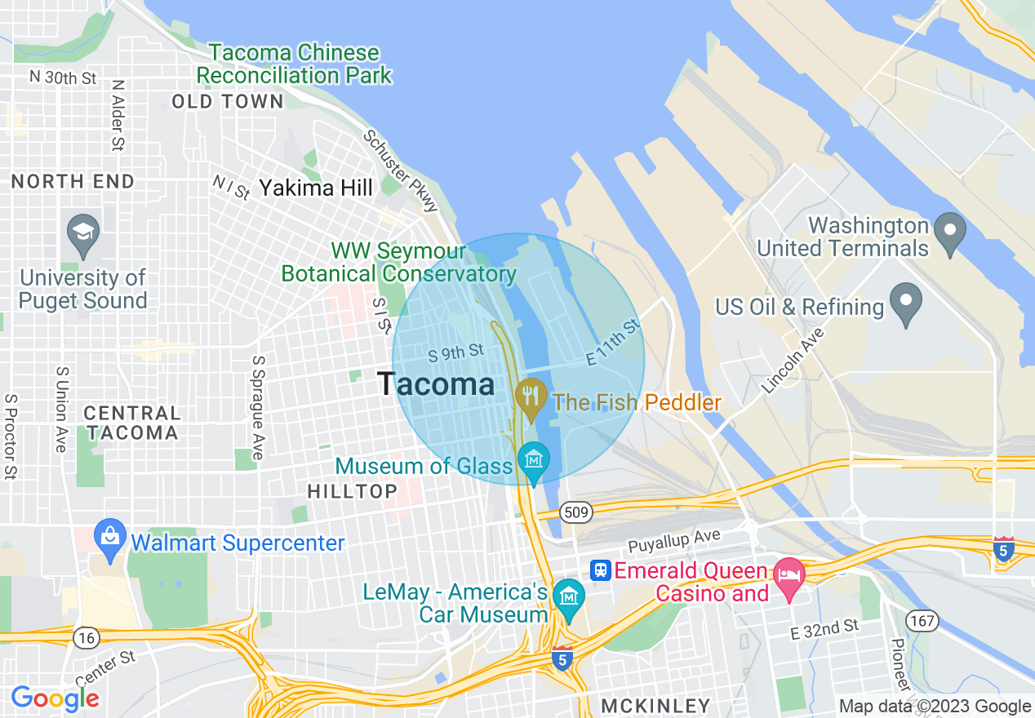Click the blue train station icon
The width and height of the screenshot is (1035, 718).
tap(601, 570)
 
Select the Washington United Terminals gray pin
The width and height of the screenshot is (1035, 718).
tap(949, 233)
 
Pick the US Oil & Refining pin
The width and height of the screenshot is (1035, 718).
tap(904, 304)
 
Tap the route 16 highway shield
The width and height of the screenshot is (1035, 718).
tap(87, 636)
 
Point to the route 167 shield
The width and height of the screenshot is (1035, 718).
tap(922, 621)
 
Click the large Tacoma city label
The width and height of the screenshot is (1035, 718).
tap(436, 384)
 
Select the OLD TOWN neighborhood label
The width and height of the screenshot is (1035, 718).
tap(228, 102)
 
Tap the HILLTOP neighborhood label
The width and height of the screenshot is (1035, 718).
tap(352, 491)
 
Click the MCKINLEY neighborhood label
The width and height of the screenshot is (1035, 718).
tap(655, 705)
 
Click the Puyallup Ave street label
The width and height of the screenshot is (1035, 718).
tap(674, 540)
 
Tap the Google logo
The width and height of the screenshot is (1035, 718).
tap(55, 698)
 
